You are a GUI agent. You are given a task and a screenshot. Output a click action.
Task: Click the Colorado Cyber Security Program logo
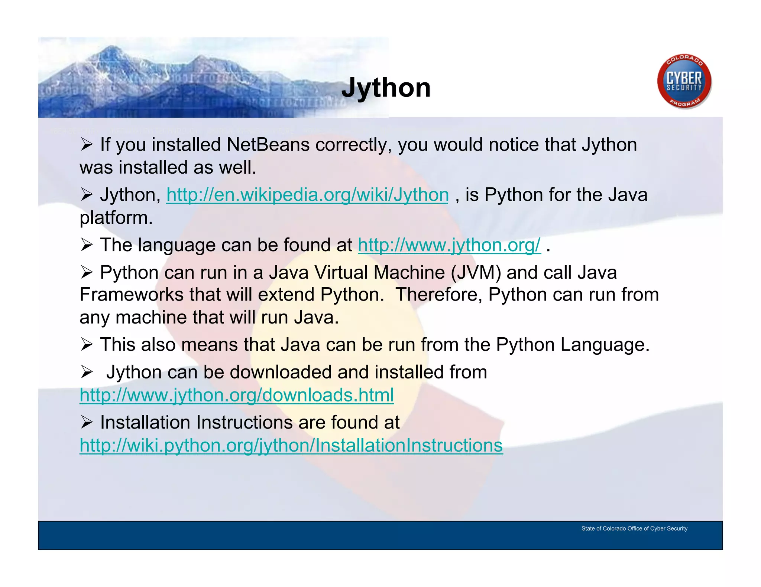(x=684, y=82)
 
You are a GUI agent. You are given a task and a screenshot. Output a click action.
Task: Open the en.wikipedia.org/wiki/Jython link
(x=307, y=195)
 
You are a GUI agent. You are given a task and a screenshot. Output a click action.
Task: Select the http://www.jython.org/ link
(x=449, y=245)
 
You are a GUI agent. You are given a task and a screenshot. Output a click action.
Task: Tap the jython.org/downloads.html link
(x=237, y=395)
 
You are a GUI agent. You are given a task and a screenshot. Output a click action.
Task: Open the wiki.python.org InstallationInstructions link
(x=291, y=445)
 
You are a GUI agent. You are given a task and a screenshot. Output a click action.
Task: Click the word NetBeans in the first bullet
(x=268, y=145)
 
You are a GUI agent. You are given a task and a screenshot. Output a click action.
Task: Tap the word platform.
(x=116, y=218)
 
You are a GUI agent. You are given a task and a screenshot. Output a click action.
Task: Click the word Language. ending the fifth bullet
(x=605, y=345)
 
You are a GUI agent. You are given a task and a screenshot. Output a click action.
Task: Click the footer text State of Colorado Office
(x=634, y=528)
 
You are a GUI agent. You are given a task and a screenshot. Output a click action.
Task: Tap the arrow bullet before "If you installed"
(x=86, y=144)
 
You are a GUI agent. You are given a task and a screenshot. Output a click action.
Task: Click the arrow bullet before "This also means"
(x=86, y=345)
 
